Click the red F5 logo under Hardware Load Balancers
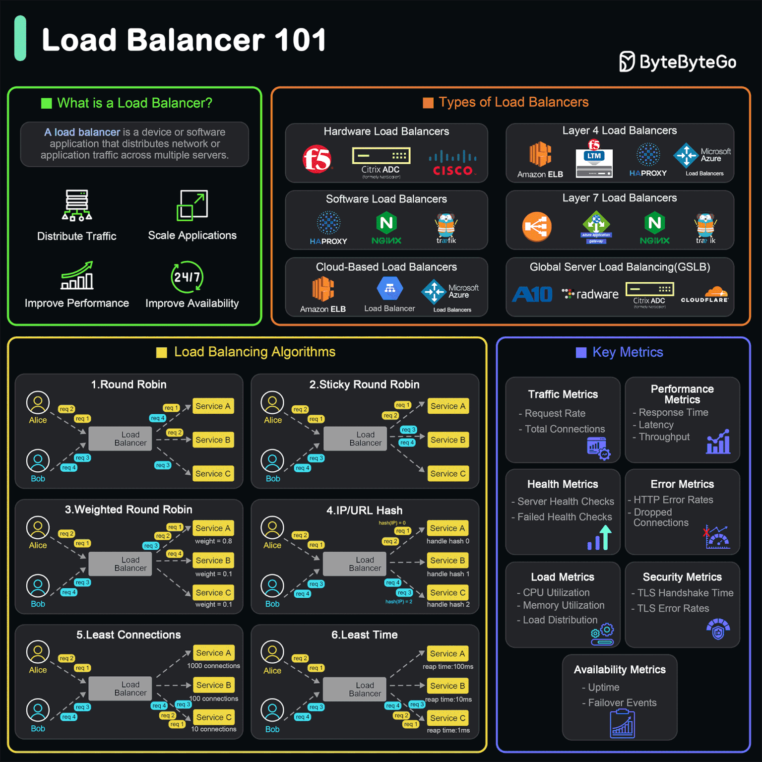pyautogui.click(x=317, y=159)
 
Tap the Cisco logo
pyautogui.click(x=452, y=163)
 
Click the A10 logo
pyautogui.click(x=532, y=294)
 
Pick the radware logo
pyautogui.click(x=590, y=294)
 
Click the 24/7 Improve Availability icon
pyautogui.click(x=187, y=277)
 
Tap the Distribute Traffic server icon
pyautogui.click(x=77, y=204)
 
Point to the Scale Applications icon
pyautogui.click(x=192, y=205)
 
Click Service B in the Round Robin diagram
pyautogui.click(x=213, y=440)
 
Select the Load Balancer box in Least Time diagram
pyautogui.click(x=365, y=689)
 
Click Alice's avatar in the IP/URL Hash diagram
pyautogui.click(x=272, y=528)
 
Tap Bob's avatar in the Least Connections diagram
pyautogui.click(x=38, y=710)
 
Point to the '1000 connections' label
pyautogui.click(x=213, y=666)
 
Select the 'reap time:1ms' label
pyautogui.click(x=448, y=730)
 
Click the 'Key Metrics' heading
pyautogui.click(x=628, y=352)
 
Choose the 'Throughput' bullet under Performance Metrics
pyautogui.click(x=664, y=437)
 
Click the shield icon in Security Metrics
pyautogui.click(x=718, y=629)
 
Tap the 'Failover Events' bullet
pyautogui.click(x=622, y=702)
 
